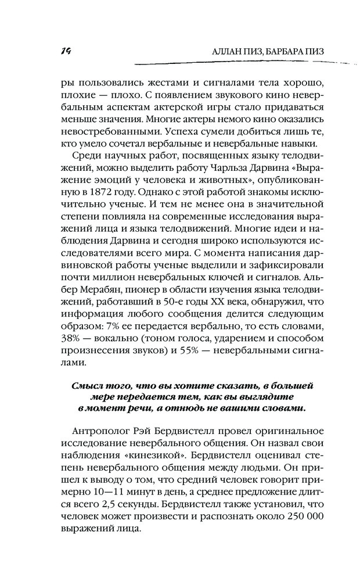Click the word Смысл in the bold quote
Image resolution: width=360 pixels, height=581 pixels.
(89, 385)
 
